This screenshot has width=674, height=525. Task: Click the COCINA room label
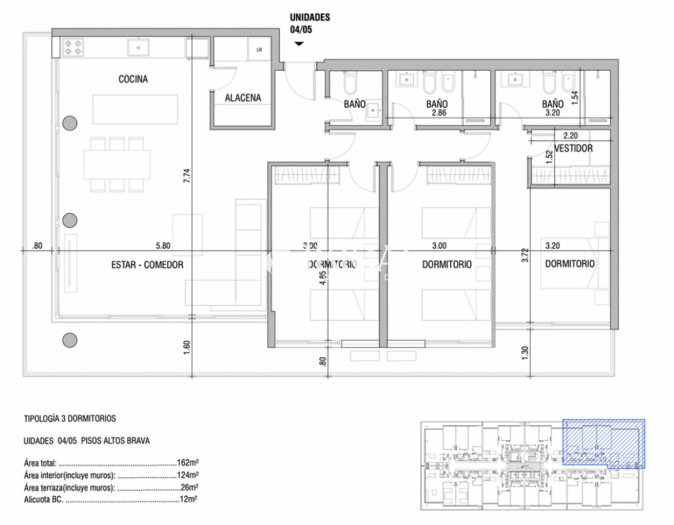[x=133, y=79]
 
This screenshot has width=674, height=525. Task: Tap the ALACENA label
[x=243, y=98]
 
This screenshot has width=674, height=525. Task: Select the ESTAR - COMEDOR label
[x=147, y=265]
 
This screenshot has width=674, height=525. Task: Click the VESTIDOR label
[x=573, y=148]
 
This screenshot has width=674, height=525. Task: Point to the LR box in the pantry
[x=259, y=50]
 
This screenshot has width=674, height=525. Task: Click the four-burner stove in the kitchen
[x=73, y=47]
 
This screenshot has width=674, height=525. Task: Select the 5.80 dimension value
[x=163, y=246]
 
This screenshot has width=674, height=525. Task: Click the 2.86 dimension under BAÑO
[x=438, y=113]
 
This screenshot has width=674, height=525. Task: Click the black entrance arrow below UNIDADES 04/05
[x=299, y=44]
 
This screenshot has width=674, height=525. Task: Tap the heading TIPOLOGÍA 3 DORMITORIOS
[x=70, y=419]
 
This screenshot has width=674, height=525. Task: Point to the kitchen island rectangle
[x=134, y=109]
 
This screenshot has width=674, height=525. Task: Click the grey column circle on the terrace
[x=70, y=339]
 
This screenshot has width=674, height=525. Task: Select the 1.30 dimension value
[x=525, y=352]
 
